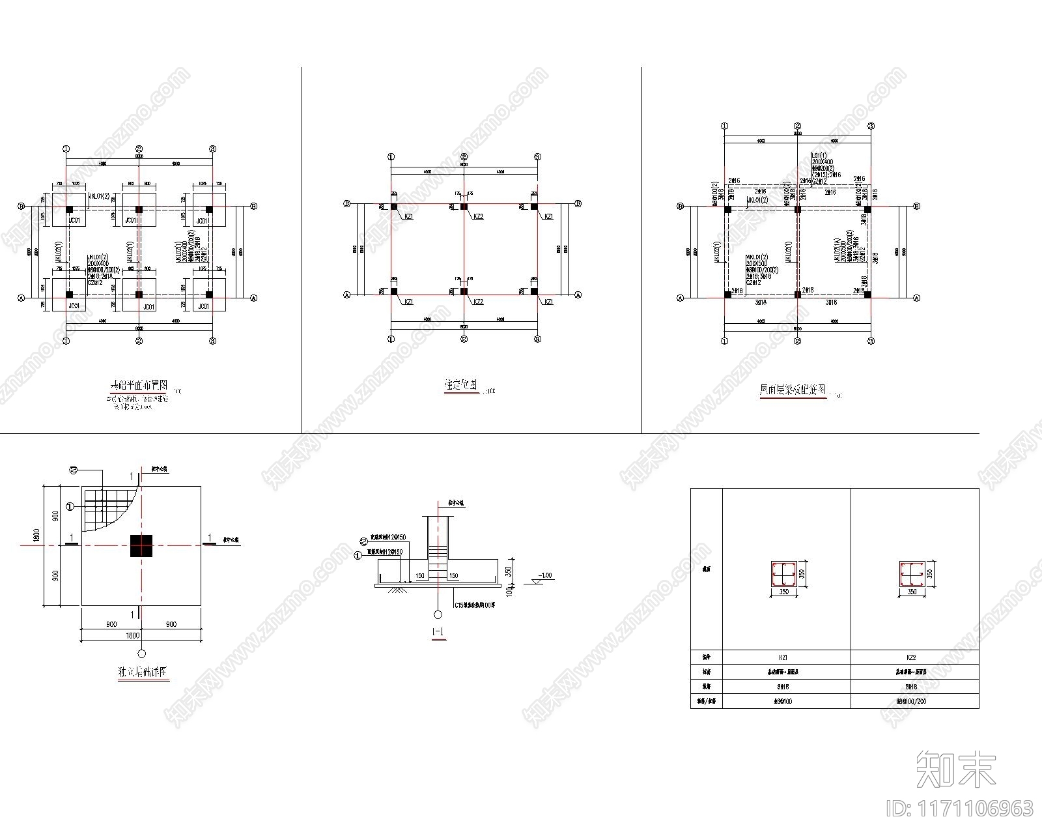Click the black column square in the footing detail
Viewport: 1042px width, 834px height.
click(x=141, y=545)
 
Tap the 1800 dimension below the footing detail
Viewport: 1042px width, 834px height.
click(x=132, y=635)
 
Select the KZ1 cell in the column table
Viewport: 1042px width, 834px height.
click(x=787, y=658)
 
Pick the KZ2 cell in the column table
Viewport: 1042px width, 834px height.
click(x=914, y=658)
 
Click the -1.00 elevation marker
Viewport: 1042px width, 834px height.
click(x=545, y=576)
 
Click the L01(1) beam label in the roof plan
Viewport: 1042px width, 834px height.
click(x=817, y=154)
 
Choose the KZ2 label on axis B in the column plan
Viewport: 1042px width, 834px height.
click(x=479, y=216)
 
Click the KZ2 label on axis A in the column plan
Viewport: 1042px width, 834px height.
click(x=479, y=302)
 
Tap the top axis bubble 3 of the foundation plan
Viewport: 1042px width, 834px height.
click(x=212, y=149)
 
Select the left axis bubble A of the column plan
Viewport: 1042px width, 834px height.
click(x=347, y=295)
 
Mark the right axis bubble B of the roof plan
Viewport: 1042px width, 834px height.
click(x=917, y=207)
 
